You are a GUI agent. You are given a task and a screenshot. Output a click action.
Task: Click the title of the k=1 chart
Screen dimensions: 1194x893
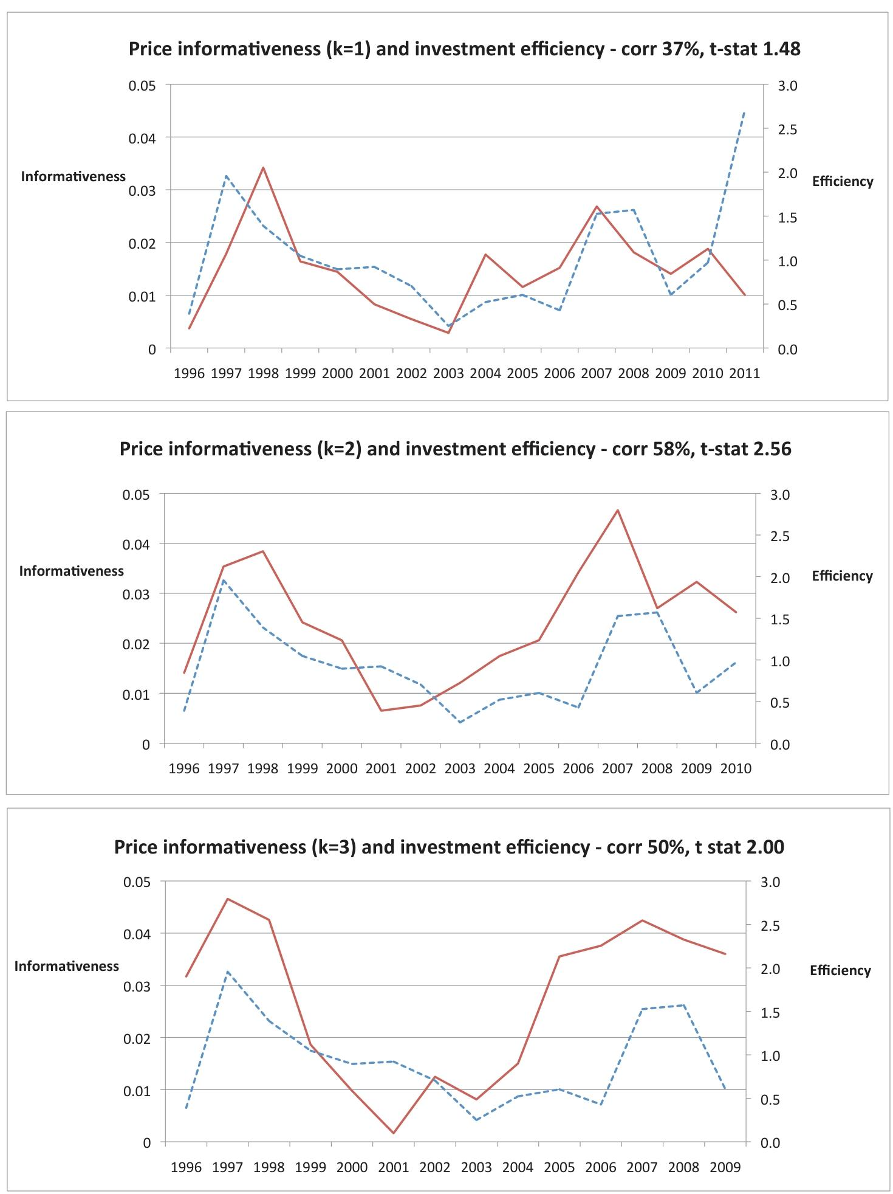[464, 49]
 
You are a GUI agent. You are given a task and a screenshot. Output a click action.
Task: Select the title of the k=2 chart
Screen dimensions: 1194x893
[455, 449]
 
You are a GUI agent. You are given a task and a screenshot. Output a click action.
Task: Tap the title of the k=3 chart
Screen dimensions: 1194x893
[449, 847]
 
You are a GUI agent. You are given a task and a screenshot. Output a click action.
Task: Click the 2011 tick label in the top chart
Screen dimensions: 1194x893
[745, 373]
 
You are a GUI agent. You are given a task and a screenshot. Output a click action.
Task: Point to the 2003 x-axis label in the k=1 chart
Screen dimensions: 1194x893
[448, 373]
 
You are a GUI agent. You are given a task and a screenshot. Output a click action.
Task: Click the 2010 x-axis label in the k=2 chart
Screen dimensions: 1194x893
[736, 768]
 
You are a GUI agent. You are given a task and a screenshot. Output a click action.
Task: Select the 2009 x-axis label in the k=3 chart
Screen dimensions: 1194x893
[725, 1167]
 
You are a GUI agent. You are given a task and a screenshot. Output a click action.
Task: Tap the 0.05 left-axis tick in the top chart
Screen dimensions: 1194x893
[142, 85]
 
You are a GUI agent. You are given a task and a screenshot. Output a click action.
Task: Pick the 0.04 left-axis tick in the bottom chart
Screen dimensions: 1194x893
[137, 934]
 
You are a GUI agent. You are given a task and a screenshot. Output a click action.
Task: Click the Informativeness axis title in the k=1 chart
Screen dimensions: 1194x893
[73, 176]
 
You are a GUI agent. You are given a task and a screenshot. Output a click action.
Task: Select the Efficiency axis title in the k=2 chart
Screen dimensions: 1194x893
[842, 576]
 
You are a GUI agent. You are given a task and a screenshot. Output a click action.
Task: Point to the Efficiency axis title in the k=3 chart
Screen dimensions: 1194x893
[840, 970]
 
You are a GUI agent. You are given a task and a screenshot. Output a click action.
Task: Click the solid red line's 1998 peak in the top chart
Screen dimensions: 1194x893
[263, 167]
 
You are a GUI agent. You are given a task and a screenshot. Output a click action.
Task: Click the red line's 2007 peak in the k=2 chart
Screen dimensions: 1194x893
[618, 510]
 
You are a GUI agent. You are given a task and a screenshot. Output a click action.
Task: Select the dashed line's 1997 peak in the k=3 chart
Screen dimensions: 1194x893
[228, 971]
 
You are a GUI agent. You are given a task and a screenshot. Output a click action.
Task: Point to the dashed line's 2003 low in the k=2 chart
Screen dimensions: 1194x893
[460, 722]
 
